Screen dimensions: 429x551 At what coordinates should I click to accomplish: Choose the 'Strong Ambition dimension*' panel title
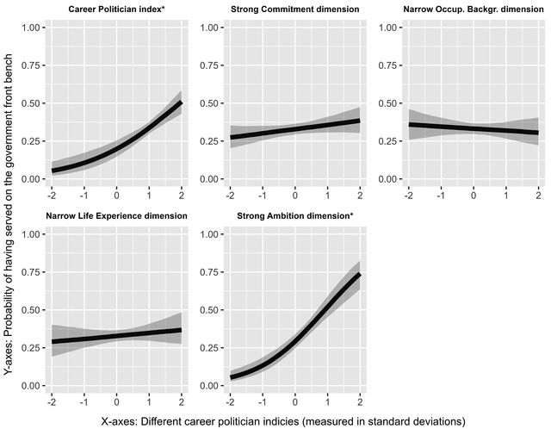294,216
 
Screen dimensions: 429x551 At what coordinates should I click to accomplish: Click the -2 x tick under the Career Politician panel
52,195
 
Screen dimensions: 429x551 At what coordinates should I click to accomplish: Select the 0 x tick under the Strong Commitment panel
294,195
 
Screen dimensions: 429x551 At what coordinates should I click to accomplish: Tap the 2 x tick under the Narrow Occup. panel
537,195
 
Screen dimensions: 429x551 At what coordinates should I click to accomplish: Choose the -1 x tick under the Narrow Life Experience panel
84,401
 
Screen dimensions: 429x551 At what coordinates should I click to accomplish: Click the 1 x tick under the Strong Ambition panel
327,401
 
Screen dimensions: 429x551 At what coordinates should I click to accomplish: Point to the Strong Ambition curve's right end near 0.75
359,273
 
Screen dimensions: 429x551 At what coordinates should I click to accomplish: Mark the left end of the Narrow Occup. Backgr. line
407,124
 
